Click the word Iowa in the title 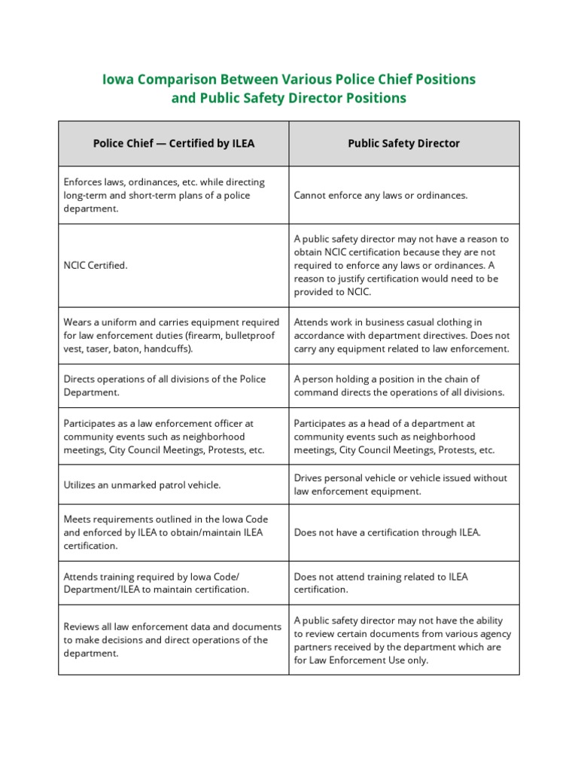[117, 80]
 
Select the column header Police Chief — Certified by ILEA [174, 143]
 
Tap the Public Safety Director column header [403, 143]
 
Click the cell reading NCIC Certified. [96, 266]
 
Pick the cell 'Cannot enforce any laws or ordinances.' [381, 195]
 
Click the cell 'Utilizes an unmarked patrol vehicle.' [142, 485]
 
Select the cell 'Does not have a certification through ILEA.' [387, 532]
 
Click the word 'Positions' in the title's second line [375, 99]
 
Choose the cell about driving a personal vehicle [400, 485]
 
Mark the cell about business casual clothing [401, 336]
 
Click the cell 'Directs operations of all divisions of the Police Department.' [165, 386]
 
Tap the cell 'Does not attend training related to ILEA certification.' [381, 584]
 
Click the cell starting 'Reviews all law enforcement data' [172, 640]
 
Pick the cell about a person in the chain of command [399, 386]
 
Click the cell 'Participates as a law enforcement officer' [165, 437]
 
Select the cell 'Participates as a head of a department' [394, 437]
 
